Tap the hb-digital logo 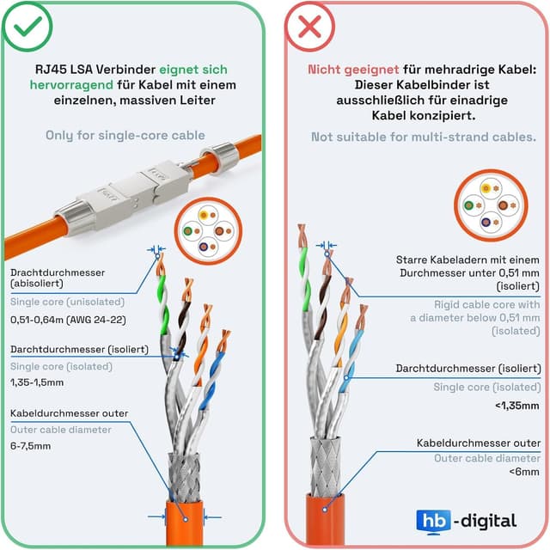click(466, 520)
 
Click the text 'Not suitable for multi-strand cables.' click(424, 137)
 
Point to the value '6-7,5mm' click(30, 445)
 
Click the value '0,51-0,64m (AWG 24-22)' click(67, 320)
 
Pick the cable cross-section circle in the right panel click(490, 205)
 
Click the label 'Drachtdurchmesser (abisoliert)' click(57, 278)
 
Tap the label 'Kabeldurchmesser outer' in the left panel click(69, 413)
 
